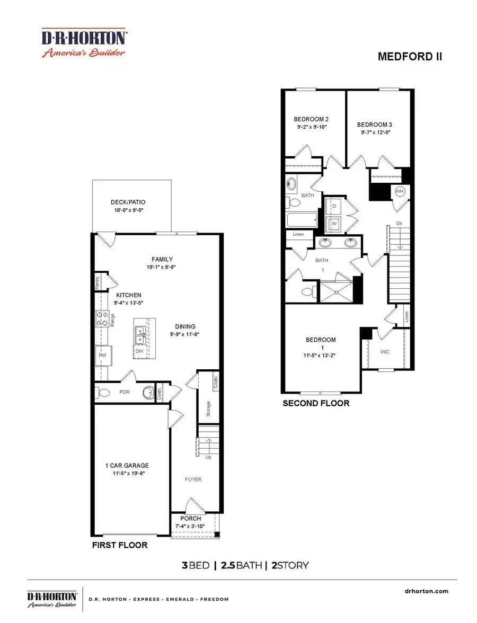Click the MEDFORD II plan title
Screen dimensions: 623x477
pos(409,57)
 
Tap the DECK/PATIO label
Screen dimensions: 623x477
pos(128,202)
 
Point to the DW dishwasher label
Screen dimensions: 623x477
pos(139,351)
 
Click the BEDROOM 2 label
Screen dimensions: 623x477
pos(311,119)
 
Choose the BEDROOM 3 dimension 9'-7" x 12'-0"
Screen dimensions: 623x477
pos(374,133)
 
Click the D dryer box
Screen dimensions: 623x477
pos(334,205)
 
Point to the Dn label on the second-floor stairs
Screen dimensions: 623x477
pos(399,224)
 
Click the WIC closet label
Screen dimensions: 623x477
pos(385,351)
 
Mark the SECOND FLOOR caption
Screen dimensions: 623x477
pos(316,403)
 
